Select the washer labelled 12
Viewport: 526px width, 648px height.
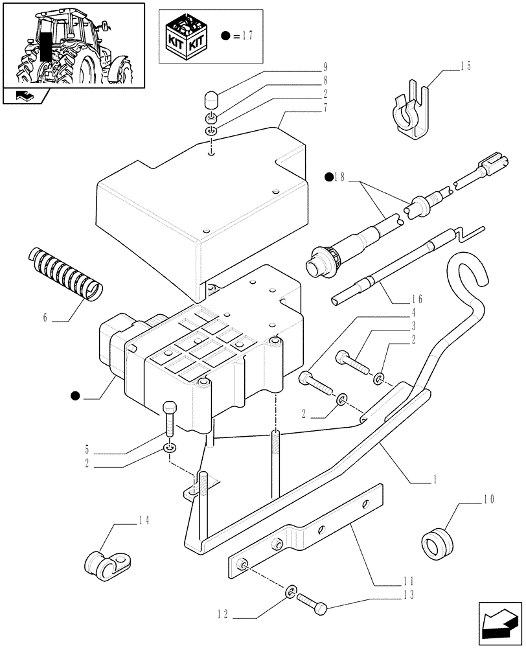(x=291, y=591)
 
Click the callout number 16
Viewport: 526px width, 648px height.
(x=416, y=299)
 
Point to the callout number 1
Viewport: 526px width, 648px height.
(x=435, y=480)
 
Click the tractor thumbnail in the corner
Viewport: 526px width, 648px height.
(x=73, y=45)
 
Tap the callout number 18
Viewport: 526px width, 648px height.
(x=337, y=176)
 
